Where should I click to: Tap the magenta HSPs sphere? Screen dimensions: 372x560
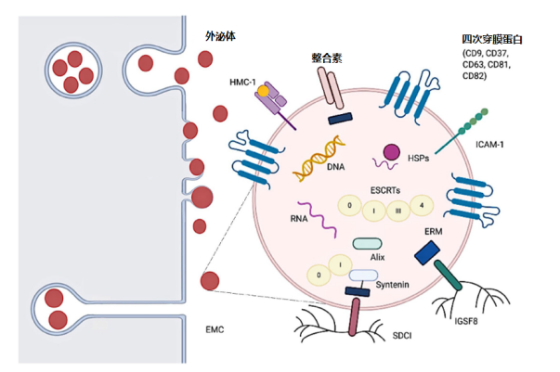391,151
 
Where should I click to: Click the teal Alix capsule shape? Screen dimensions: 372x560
370,243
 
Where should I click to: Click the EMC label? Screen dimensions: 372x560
215,328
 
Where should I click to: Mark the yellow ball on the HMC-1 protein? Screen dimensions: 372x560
264,91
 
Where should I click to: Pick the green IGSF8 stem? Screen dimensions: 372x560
452,282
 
